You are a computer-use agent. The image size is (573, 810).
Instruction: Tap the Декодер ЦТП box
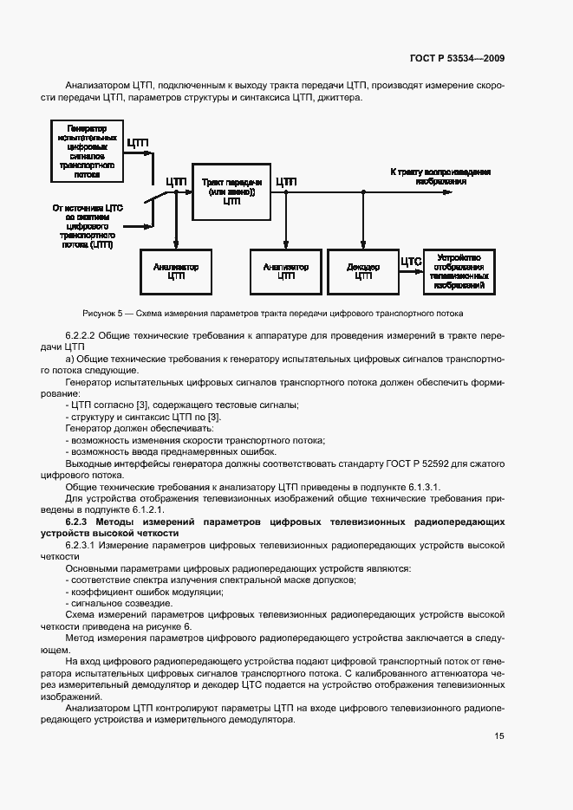pos(363,271)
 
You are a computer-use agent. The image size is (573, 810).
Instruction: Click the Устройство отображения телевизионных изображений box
pos(460,271)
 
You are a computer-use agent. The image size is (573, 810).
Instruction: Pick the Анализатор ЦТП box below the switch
pos(176,271)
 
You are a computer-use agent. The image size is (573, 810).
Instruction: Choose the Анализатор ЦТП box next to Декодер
pos(286,271)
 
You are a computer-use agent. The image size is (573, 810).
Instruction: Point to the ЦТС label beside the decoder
pos(410,260)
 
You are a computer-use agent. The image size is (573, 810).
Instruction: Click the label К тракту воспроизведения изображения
pos(441,177)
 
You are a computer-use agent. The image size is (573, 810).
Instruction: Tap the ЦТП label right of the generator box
pos(139,142)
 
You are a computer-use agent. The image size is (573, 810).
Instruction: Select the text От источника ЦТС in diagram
pos(88,208)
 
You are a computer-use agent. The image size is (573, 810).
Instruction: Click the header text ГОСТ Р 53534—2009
pos(457,58)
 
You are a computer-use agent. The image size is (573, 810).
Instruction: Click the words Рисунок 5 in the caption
pos(103,313)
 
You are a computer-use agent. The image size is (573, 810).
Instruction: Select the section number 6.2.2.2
pos(84,334)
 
